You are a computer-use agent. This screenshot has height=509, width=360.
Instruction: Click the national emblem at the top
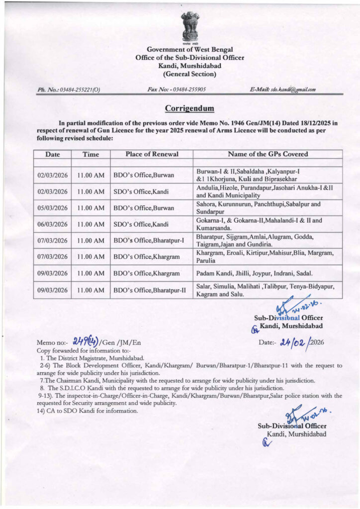coord(190,27)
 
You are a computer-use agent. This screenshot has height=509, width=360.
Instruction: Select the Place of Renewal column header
coord(151,154)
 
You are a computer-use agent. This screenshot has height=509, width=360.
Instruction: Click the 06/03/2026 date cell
coord(52,224)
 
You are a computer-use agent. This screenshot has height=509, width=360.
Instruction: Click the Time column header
coord(90,154)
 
